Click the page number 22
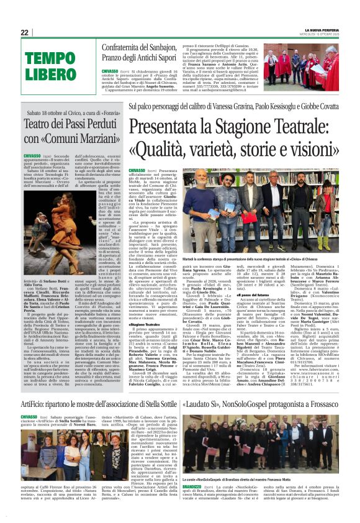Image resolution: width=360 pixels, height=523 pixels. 24,32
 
